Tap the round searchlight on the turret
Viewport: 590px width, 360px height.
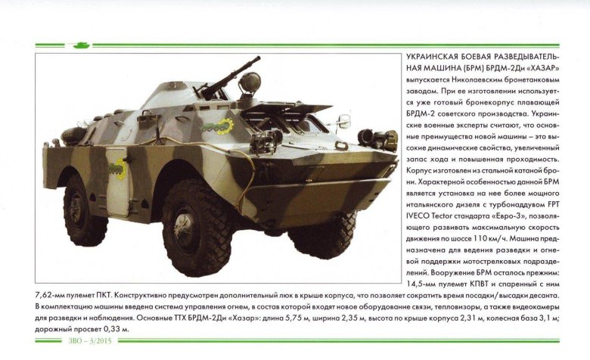[249, 81]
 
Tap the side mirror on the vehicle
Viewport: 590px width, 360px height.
[344, 120]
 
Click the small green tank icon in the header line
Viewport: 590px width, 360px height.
[79, 45]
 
